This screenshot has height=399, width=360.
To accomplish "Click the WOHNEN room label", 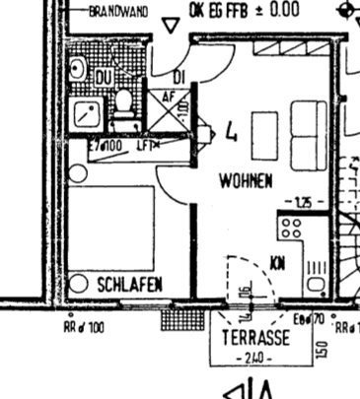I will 246,181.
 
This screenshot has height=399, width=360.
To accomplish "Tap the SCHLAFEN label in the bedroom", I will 129,284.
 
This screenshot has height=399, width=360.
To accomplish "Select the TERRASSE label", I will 255,337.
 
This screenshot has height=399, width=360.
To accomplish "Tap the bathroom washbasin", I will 78,68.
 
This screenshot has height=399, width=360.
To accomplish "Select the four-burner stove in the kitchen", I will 290,230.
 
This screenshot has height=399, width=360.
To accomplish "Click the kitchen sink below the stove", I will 317,275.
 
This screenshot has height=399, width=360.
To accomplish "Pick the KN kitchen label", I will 278,261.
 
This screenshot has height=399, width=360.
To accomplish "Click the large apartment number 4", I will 230,135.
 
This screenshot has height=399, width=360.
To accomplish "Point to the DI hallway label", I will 179,77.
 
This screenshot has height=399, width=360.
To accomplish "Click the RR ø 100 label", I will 83,325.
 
